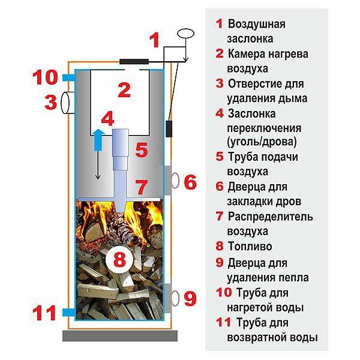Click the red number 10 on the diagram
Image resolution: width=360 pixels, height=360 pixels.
click(x=46, y=78)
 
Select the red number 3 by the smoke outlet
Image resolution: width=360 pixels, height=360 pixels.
click(x=50, y=101)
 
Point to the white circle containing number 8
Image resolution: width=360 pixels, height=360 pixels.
click(x=119, y=259)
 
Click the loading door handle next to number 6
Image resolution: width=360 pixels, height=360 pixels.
click(x=175, y=180)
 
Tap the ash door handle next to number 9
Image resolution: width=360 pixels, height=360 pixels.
click(x=175, y=296)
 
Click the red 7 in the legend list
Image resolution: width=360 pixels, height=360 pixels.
click(x=219, y=217)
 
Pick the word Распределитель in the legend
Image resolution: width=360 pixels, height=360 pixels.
click(x=270, y=217)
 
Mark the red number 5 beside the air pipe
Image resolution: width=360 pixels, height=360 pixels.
click(x=141, y=149)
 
